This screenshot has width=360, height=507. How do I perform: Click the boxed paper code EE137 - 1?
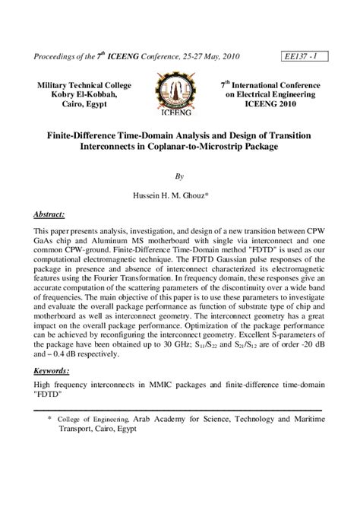303,56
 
